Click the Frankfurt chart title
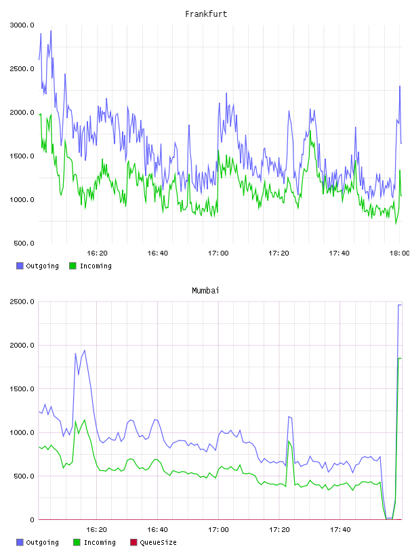pyautogui.click(x=206, y=14)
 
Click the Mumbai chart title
pyautogui.click(x=205, y=291)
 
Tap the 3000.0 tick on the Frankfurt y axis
pyautogui.click(x=22, y=25)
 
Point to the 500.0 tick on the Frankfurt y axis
pyautogui.click(x=24, y=243)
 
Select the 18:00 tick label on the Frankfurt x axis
pyautogui.click(x=399, y=253)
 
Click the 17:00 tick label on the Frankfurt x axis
pyautogui.click(x=218, y=253)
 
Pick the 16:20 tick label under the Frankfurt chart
pyautogui.click(x=97, y=253)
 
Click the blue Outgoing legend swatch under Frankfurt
pyautogui.click(x=20, y=266)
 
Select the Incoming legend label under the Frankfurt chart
pyautogui.click(x=96, y=266)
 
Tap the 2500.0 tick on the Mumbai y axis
pyautogui.click(x=22, y=302)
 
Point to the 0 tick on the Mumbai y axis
pyautogui.click(x=32, y=520)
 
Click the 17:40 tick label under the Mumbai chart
pyautogui.click(x=340, y=530)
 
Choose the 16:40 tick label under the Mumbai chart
pyautogui.click(x=157, y=530)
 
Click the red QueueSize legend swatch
pyautogui.click(x=133, y=542)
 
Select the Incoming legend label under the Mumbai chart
pyautogui.click(x=100, y=543)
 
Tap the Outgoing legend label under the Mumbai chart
pyautogui.click(x=42, y=543)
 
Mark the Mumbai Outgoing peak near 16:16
pyautogui.click(x=84, y=350)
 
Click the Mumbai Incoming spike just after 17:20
pyautogui.click(x=289, y=441)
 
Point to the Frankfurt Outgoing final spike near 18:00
pyautogui.click(x=400, y=86)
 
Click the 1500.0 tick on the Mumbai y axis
pyautogui.click(x=22, y=389)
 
